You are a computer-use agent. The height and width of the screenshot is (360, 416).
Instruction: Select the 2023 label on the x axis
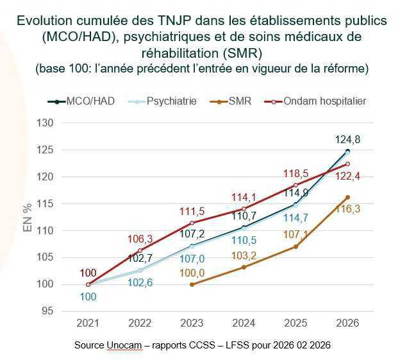click(x=192, y=322)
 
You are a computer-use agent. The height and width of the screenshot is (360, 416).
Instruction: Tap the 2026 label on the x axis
click(x=347, y=322)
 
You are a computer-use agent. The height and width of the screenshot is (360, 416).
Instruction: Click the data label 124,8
click(x=347, y=139)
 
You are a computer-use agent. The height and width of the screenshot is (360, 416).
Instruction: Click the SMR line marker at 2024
click(x=244, y=267)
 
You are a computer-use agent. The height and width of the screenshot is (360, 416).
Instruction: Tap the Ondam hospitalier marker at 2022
click(x=140, y=250)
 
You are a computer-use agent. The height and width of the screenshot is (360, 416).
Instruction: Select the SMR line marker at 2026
click(x=347, y=197)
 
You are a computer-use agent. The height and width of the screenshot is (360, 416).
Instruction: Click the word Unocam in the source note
click(x=120, y=345)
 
